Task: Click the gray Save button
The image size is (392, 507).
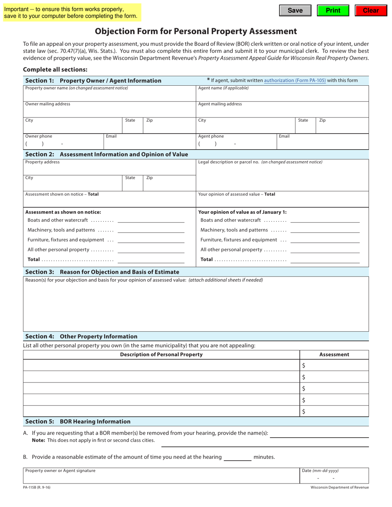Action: [295, 11]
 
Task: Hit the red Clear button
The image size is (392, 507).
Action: [371, 11]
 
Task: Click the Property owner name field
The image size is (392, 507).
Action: [109, 95]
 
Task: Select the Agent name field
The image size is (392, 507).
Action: [282, 95]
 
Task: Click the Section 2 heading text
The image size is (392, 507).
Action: [106, 154]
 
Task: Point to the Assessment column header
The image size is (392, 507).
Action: [334, 354]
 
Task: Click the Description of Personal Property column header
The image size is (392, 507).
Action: [161, 354]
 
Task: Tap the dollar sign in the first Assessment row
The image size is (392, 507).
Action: [304, 366]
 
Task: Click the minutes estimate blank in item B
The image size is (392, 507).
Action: [237, 457]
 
